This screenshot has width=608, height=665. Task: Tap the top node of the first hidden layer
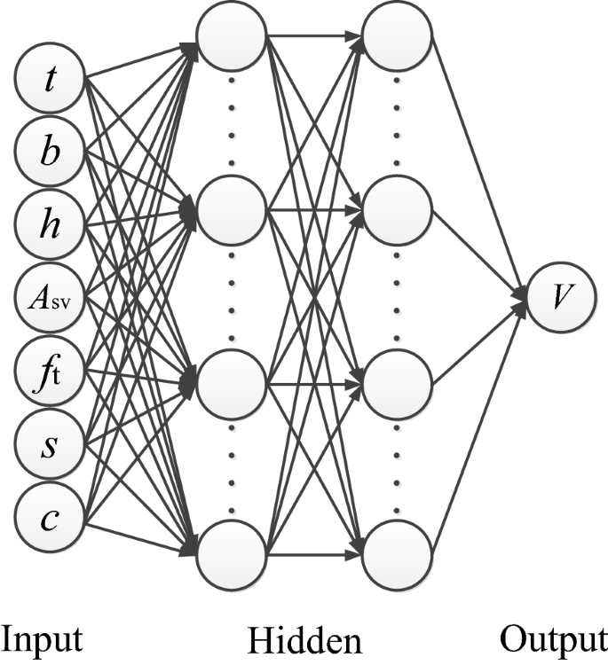pyautogui.click(x=232, y=35)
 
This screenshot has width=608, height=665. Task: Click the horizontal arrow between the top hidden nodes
pyautogui.click(x=315, y=36)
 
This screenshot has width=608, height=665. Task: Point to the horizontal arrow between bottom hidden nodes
pyautogui.click(x=315, y=557)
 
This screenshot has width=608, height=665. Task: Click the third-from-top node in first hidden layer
pyautogui.click(x=232, y=384)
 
